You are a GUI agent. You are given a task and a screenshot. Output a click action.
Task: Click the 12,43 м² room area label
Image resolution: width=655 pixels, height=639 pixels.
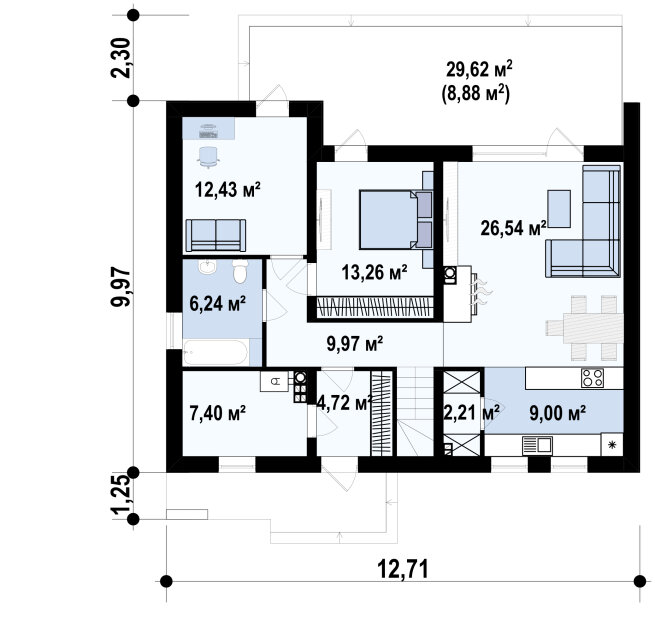click(x=228, y=190)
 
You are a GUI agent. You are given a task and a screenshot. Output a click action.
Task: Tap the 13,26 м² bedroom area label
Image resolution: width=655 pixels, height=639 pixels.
click(x=374, y=273)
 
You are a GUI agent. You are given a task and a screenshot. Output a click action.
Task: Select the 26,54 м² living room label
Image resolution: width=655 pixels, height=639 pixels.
click(x=513, y=228)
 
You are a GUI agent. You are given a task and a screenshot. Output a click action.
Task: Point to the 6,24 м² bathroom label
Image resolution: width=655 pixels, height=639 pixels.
click(x=217, y=304)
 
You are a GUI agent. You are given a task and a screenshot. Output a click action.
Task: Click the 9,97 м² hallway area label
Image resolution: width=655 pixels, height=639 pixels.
click(x=355, y=344)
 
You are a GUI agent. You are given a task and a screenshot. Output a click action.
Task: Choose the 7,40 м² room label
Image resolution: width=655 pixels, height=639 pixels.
click(x=217, y=414)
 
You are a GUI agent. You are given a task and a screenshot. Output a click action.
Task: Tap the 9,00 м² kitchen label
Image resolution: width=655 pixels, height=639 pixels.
click(x=557, y=413)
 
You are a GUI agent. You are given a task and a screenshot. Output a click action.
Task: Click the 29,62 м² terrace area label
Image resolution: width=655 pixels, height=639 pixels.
click(x=479, y=69)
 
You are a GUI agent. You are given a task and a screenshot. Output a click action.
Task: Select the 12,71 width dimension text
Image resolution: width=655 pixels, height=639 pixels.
click(x=403, y=569)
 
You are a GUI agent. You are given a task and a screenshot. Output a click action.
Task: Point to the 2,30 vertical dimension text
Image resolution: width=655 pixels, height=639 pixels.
click(x=121, y=58)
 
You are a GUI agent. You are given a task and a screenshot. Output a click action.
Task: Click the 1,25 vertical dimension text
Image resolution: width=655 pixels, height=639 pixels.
click(x=121, y=495)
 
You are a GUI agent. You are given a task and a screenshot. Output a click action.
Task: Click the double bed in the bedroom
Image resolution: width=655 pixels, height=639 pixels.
click(x=395, y=220)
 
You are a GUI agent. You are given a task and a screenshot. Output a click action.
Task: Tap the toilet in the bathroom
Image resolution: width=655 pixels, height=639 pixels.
click(x=240, y=271)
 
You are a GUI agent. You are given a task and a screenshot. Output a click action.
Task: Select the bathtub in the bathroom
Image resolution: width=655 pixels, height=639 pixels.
click(x=216, y=353)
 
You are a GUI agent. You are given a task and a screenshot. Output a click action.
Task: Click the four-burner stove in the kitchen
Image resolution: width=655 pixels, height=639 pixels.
click(x=592, y=378)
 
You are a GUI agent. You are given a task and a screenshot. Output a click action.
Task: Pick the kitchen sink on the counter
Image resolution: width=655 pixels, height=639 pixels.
click(x=537, y=446)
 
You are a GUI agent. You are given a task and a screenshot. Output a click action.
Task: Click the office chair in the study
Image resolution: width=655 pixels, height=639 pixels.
click(x=208, y=157)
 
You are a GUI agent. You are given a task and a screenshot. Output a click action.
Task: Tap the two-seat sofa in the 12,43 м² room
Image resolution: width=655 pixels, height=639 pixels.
click(x=216, y=236)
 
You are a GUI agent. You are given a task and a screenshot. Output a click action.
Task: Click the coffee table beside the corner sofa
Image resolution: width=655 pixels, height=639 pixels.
click(x=559, y=209)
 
